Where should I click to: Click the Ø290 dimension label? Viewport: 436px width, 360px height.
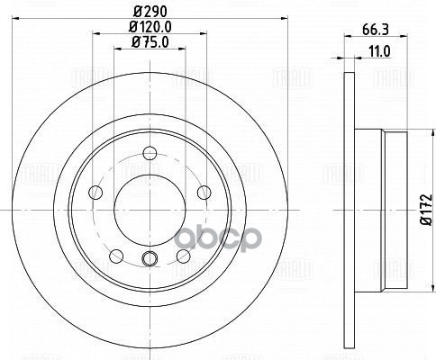coord(148,12)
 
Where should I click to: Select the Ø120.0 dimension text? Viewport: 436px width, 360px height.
coord(148,27)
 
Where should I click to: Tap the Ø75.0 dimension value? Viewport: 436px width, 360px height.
coord(148,41)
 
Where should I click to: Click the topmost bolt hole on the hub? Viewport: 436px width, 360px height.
coord(148,161)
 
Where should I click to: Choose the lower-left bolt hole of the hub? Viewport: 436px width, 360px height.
coord(115,256)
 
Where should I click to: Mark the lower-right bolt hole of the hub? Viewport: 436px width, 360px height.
coord(183,256)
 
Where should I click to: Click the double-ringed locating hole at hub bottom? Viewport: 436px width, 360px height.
coord(149,261)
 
